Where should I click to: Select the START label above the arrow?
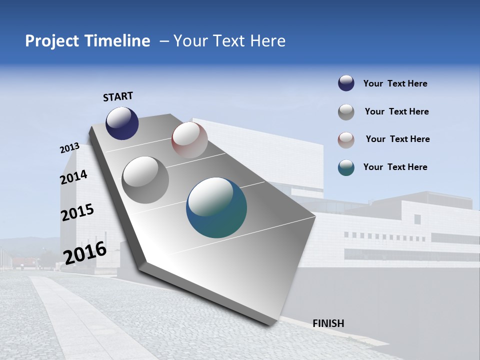(x=118, y=96)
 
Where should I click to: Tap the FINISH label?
(x=328, y=323)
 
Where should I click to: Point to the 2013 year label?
(x=70, y=148)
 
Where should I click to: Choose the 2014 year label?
(x=74, y=177)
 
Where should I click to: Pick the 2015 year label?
(x=77, y=212)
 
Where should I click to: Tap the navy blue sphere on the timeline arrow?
(x=122, y=123)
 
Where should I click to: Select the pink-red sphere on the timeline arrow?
(x=189, y=140)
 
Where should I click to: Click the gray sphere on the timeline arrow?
(x=145, y=180)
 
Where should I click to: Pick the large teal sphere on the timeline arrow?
(x=216, y=207)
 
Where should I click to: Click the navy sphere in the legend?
(x=346, y=83)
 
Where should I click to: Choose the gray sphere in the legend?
(x=346, y=112)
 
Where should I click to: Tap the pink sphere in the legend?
(x=346, y=140)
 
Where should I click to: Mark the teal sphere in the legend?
(x=346, y=167)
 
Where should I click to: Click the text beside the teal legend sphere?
(x=395, y=167)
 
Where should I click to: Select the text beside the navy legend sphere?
(x=395, y=83)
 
